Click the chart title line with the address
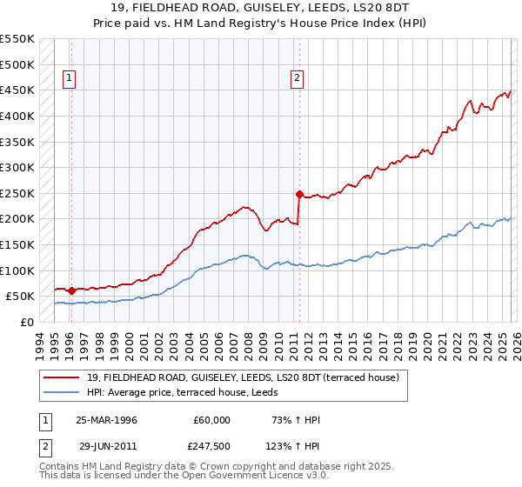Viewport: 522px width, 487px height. click(260, 8)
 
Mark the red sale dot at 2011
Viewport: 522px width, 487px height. click(299, 194)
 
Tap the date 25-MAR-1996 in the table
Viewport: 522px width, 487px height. click(107, 419)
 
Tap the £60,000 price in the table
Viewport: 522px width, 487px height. click(211, 419)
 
